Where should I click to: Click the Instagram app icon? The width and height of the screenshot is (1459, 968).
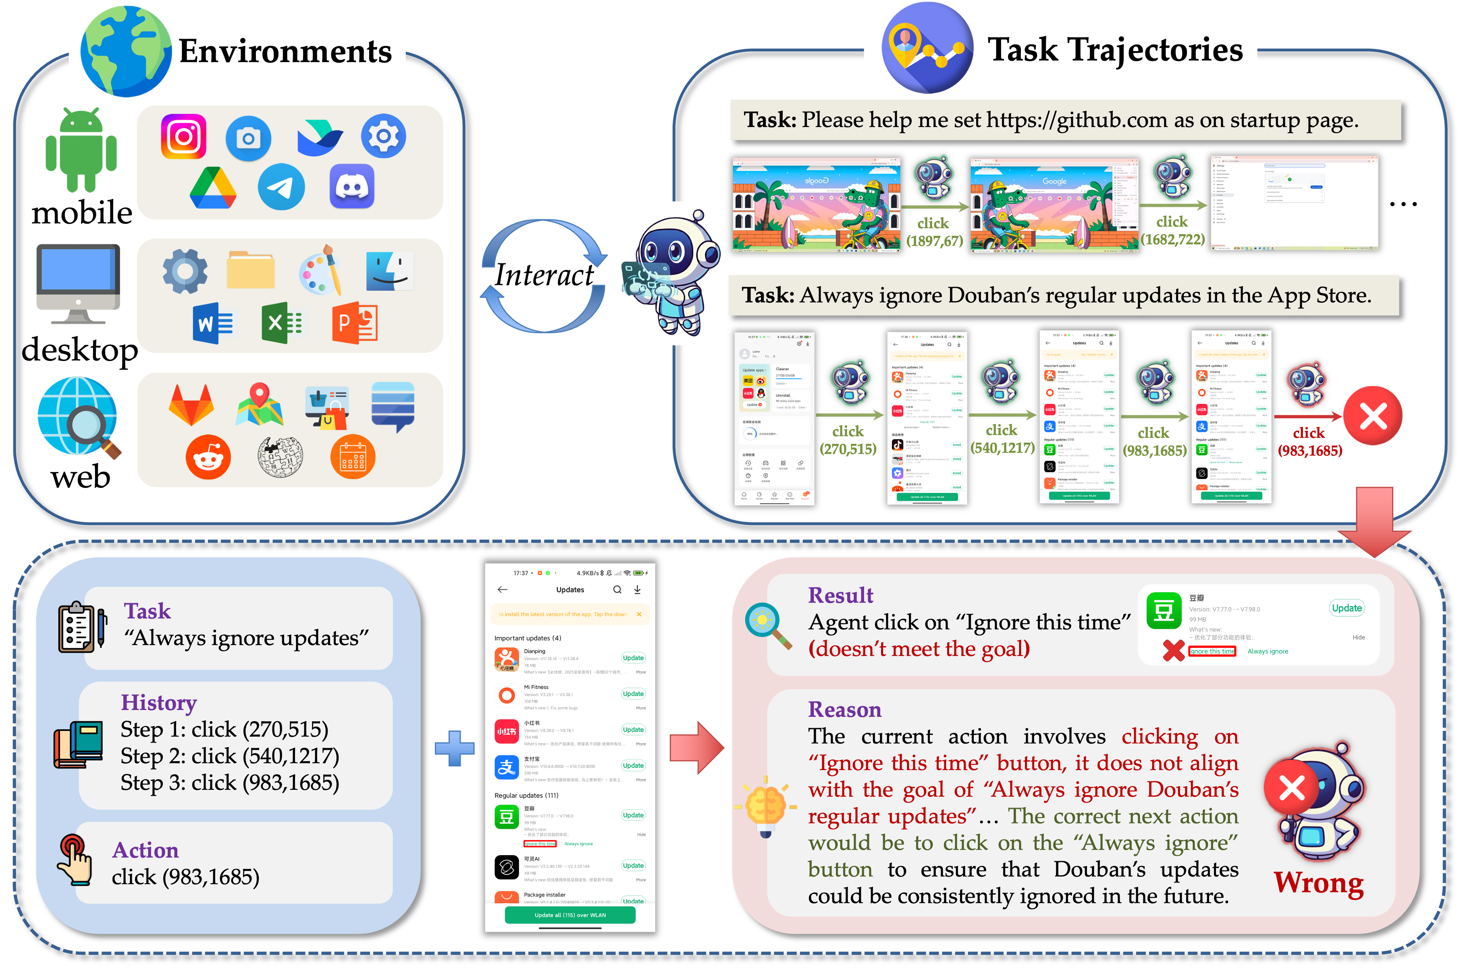tap(183, 136)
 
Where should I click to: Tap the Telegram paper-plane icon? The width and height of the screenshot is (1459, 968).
tap(281, 186)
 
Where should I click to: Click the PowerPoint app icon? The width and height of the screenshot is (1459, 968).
tap(355, 323)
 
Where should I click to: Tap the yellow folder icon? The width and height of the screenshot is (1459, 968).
tap(251, 271)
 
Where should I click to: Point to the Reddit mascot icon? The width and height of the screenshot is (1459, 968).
tap(208, 457)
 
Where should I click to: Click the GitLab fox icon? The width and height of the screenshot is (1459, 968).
tap(191, 405)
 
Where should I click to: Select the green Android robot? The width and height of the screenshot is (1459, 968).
tap(81, 150)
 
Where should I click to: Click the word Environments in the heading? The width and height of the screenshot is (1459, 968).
tap(285, 51)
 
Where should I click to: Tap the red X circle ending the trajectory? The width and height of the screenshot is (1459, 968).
tap(1373, 416)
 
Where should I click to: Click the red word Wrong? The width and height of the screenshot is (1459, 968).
tap(1319, 883)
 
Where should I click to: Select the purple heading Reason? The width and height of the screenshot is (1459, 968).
tap(844, 710)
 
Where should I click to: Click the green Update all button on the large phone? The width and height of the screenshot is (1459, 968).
tap(569, 915)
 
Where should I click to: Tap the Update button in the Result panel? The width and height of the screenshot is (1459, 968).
tap(1346, 608)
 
